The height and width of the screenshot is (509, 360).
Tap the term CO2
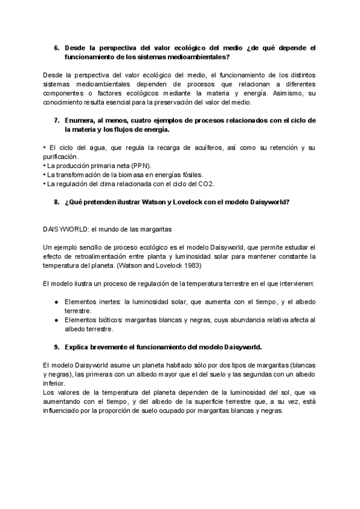(x=207, y=184)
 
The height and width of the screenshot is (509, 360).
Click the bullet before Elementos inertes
(x=56, y=302)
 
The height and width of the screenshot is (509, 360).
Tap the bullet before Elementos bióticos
(x=56, y=320)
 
